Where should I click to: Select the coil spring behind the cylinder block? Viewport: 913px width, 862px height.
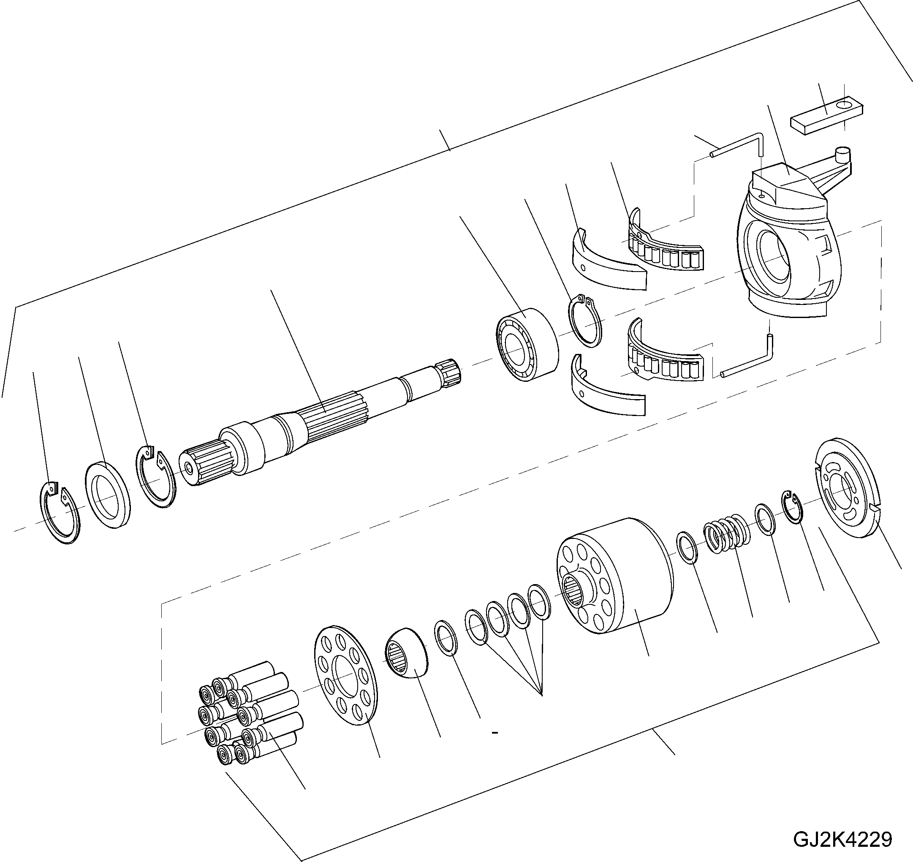click(728, 534)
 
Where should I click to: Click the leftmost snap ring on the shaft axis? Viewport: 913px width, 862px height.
click(58, 512)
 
